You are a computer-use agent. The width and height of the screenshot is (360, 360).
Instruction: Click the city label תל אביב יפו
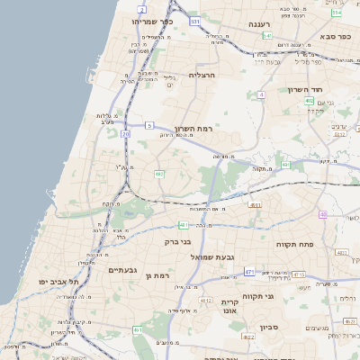click(x=55, y=282)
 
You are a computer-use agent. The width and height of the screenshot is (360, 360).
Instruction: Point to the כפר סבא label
click(x=335, y=37)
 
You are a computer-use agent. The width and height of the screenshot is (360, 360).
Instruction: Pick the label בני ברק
click(x=178, y=241)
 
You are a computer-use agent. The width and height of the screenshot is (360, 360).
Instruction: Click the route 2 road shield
click(x=141, y=9)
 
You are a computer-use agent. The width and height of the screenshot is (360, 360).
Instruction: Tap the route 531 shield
click(x=195, y=20)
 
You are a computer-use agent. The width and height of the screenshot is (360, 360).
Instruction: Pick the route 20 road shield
click(x=125, y=135)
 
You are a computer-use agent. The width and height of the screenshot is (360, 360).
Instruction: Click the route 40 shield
click(x=322, y=215)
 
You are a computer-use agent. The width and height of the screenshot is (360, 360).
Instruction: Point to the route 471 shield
click(x=247, y=272)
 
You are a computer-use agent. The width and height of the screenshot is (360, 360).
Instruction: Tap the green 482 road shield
click(x=159, y=173)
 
